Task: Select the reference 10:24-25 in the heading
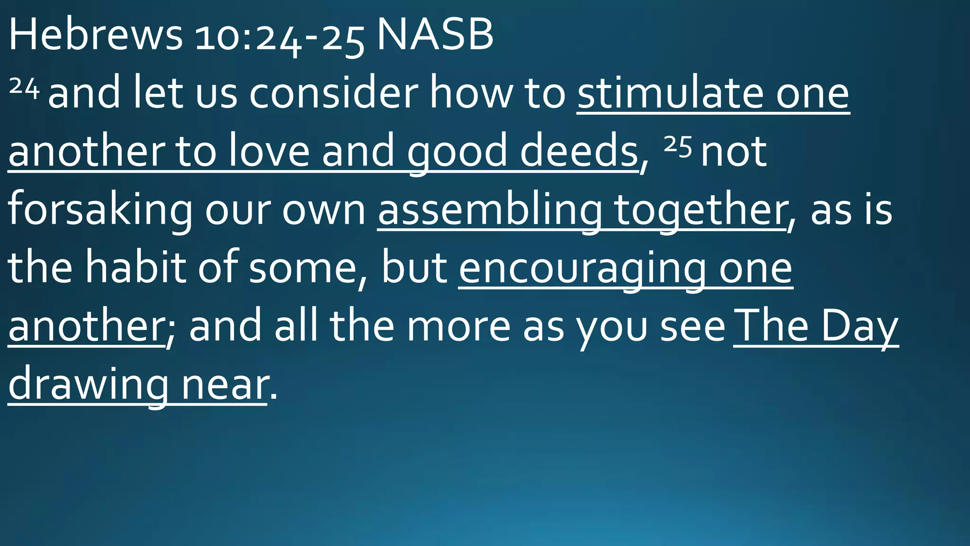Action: [279, 38]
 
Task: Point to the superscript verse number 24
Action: [24, 87]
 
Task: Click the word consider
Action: [334, 93]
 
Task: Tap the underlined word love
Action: [269, 151]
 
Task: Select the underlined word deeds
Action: [579, 151]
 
